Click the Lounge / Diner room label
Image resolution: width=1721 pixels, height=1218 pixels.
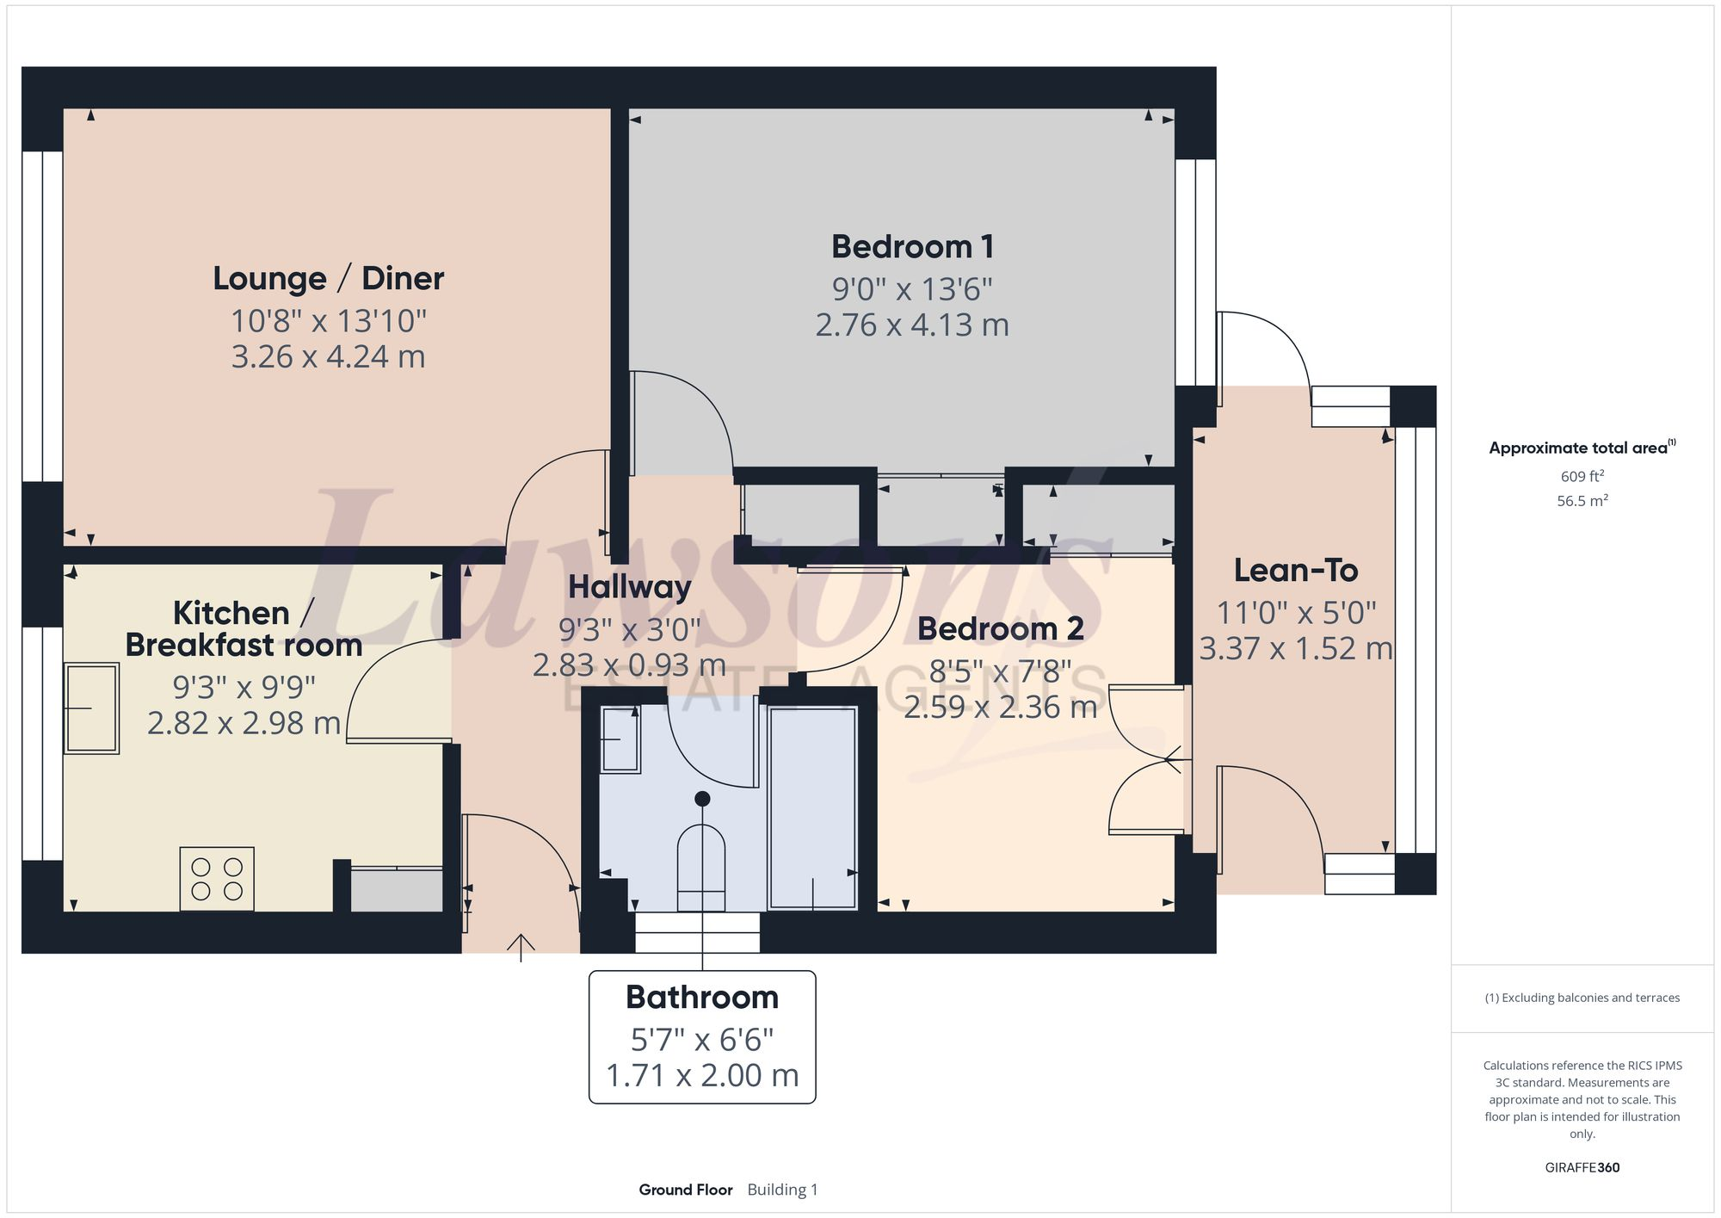328,279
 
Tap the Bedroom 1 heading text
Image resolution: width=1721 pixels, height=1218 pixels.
912,247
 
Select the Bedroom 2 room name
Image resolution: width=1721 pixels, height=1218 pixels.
1000,629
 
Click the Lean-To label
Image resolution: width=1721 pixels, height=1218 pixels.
1295,571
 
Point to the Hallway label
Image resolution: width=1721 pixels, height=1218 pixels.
629,587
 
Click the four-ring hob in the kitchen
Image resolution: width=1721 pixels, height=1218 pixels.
217,879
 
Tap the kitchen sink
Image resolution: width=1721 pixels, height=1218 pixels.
91,708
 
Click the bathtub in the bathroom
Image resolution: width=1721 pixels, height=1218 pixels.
812,807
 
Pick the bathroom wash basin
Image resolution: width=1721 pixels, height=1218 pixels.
620,739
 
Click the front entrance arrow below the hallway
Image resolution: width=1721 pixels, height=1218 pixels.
521,946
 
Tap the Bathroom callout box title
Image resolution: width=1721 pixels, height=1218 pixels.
701,998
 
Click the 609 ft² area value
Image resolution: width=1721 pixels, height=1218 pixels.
1582,476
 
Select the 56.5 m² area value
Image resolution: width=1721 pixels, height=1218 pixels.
1582,501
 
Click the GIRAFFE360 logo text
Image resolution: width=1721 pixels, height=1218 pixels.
1582,1168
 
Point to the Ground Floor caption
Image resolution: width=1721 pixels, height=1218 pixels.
685,1190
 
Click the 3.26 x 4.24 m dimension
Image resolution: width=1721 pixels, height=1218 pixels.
328,357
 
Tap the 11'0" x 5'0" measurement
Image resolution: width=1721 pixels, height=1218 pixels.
1295,614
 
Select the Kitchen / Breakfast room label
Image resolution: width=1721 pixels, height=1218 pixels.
244,629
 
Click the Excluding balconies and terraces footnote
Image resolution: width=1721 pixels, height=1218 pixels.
1582,998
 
